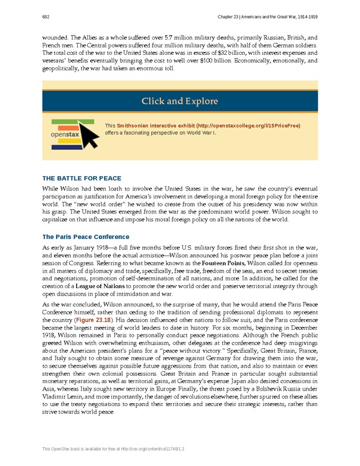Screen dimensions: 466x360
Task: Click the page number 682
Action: tap(46, 17)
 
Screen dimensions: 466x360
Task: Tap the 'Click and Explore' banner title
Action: tap(180, 101)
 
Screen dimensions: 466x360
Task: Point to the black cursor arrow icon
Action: tap(87, 132)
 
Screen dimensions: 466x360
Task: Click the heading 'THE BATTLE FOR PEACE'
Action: tap(82, 178)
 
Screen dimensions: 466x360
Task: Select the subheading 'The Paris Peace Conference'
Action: tap(86, 237)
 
